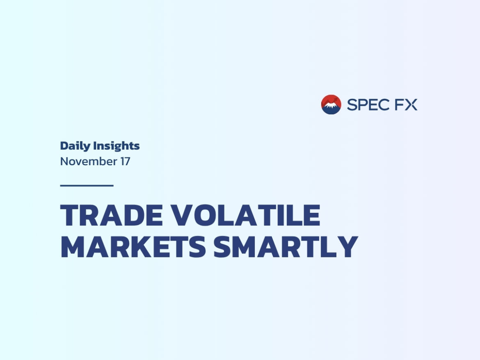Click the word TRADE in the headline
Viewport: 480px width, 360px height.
pyautogui.click(x=112, y=215)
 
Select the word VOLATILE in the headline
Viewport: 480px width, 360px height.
pyautogui.click(x=245, y=215)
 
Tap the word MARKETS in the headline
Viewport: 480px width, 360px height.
pyautogui.click(x=133, y=247)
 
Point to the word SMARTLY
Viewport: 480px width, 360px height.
pyautogui.click(x=286, y=247)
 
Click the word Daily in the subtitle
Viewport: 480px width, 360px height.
pyautogui.click(x=75, y=146)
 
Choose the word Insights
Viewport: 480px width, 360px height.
pyautogui.click(x=117, y=146)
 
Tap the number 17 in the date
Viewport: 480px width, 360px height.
pyautogui.click(x=125, y=162)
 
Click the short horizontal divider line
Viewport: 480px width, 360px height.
pyautogui.click(x=87, y=185)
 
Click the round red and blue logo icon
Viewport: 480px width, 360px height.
pyautogui.click(x=331, y=105)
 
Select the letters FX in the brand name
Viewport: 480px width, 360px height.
pyautogui.click(x=406, y=105)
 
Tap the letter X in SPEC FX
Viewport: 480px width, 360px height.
pyautogui.click(x=411, y=105)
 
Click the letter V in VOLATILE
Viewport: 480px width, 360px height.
pyautogui.click(x=181, y=215)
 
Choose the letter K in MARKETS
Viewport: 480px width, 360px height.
pyautogui.click(x=140, y=247)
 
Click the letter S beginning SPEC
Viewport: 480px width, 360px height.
pyautogui.click(x=352, y=105)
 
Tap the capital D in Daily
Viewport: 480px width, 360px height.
pyautogui.click(x=64, y=146)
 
